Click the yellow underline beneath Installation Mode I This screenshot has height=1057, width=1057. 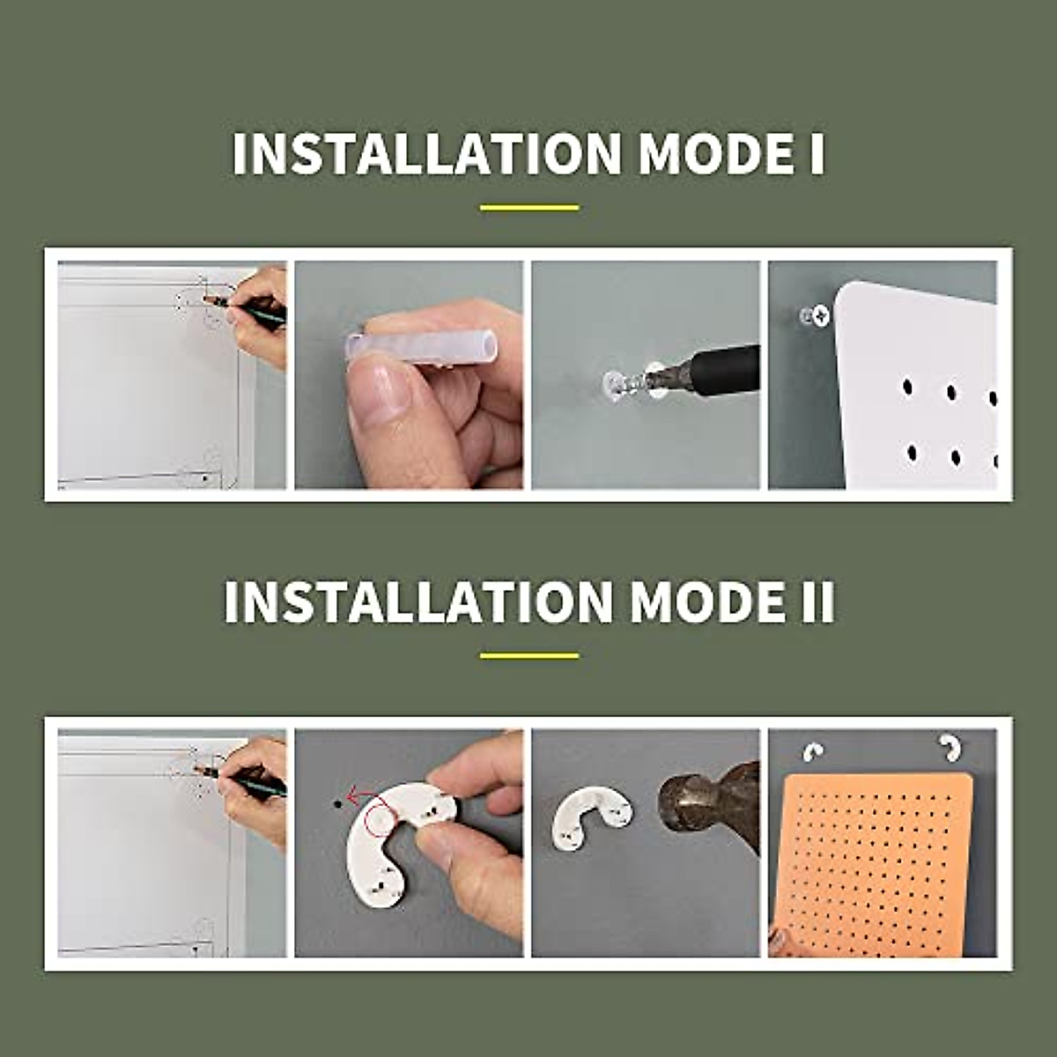[529, 208]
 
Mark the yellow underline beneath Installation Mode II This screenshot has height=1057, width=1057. [529, 655]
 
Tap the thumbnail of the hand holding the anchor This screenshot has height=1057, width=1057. [409, 375]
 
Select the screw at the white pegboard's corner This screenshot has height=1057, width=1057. [820, 314]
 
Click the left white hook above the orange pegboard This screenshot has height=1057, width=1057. [813, 751]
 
